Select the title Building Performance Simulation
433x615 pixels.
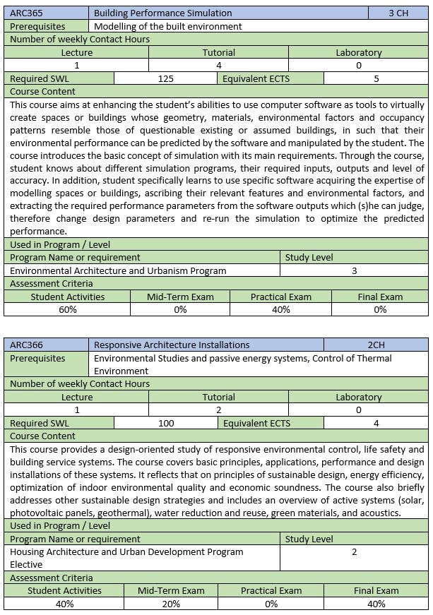(162, 13)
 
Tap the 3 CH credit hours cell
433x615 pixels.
(398, 13)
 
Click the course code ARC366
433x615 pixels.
(26, 345)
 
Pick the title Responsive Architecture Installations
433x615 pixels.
(172, 345)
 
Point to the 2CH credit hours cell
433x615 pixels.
(376, 345)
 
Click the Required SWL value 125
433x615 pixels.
(166, 79)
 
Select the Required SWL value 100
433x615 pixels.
(167, 424)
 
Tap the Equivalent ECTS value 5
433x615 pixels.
(376, 79)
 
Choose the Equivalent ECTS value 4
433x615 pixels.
(376, 424)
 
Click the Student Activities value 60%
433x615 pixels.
(68, 310)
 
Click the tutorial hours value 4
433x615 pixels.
(218, 66)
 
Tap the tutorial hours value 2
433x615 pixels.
(218, 410)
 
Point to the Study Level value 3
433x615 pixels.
(354, 270)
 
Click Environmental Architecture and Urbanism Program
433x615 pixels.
(118, 270)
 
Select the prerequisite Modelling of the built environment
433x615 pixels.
(168, 26)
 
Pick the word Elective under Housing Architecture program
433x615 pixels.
(27, 565)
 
